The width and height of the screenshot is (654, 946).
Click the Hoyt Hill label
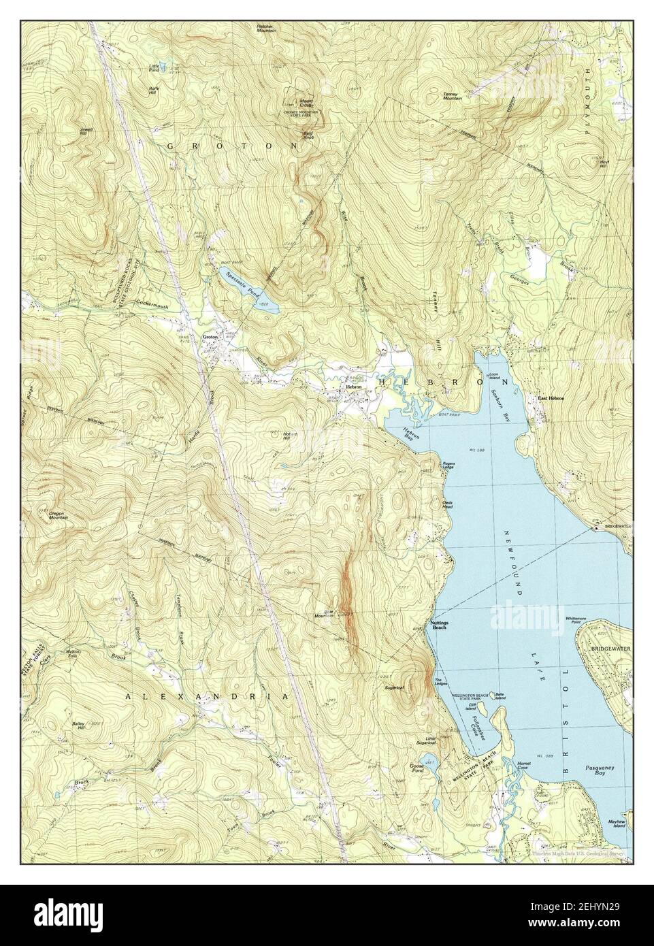(604, 163)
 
